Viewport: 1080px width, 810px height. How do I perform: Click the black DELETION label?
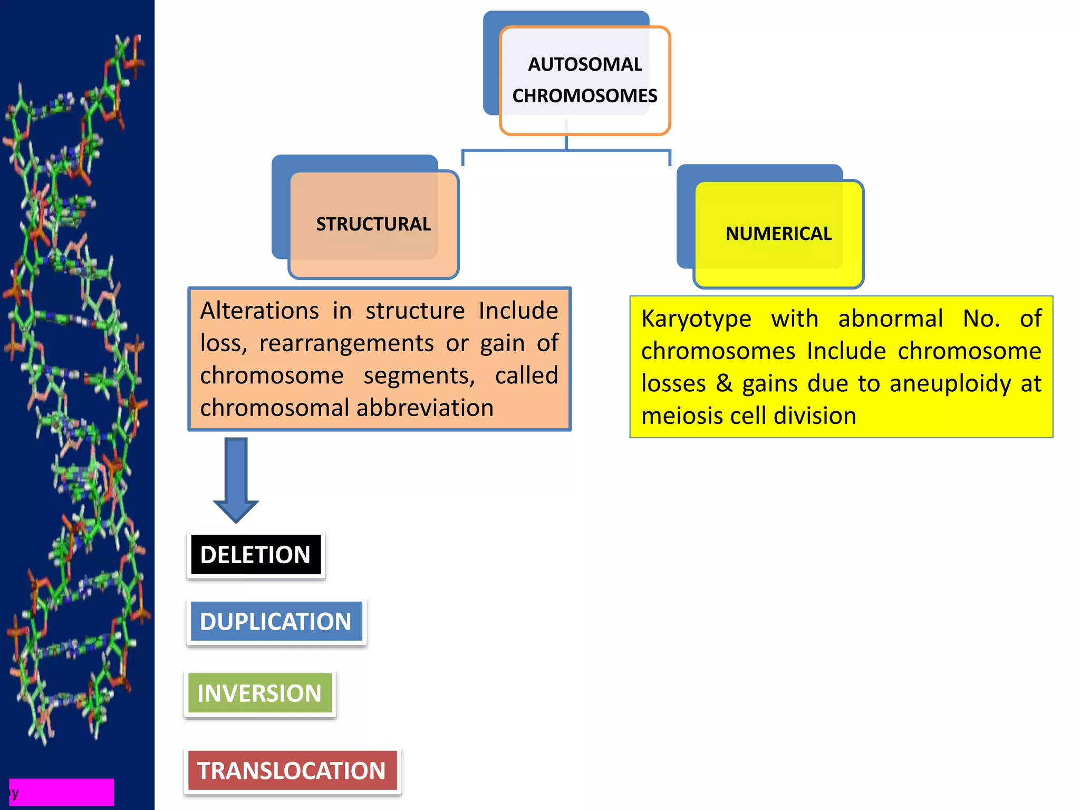coord(256,555)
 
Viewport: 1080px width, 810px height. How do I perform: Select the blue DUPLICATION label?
coord(276,622)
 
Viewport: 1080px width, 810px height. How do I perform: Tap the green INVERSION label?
coord(259,693)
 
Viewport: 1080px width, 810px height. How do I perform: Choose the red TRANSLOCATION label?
coord(292,771)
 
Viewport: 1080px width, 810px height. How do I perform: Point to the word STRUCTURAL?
coord(373,224)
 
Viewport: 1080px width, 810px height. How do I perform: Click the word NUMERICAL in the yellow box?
coord(778,234)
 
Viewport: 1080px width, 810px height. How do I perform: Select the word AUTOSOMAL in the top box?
coord(585,64)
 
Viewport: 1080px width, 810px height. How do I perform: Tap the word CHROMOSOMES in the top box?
coord(585,96)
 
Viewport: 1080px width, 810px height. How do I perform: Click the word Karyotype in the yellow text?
coord(696,319)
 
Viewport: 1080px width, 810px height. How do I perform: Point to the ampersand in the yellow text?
coord(724,383)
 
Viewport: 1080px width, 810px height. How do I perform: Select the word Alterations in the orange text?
coord(259,311)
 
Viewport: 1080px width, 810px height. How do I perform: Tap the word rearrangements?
coord(346,343)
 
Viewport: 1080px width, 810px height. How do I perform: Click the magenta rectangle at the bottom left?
coord(62,792)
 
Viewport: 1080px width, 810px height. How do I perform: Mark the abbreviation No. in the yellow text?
coord(981,319)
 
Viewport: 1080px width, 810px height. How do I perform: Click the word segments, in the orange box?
coord(419,376)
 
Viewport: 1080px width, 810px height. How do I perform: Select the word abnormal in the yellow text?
coord(890,319)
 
